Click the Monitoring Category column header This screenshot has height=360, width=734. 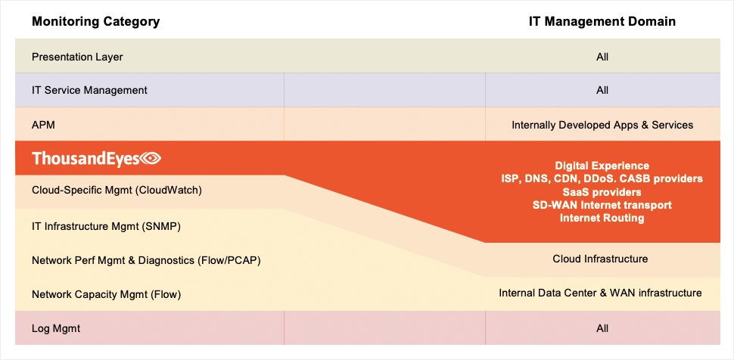coord(95,21)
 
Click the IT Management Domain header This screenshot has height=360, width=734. coord(602,21)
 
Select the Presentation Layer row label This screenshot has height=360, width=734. coord(77,57)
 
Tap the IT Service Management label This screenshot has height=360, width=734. coord(89,90)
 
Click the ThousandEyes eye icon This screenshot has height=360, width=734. coord(151,159)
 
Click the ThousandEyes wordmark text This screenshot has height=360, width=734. coord(86,158)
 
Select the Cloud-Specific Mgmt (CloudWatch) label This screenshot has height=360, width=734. coord(117,191)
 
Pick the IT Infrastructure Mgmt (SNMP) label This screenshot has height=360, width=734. coord(106,227)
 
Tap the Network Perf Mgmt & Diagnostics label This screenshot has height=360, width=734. coord(146,260)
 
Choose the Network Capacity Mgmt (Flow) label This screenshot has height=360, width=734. coord(106,294)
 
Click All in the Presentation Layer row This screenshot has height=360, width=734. coord(602,57)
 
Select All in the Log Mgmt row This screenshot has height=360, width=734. coord(602,329)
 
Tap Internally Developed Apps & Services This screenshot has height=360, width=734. coord(602,126)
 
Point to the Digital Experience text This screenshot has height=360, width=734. coord(602,166)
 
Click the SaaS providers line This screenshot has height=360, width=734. coord(602,192)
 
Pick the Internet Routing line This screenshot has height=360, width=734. coord(602,218)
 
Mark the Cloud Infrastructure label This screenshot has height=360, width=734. coord(600,259)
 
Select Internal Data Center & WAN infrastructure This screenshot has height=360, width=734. coord(600,293)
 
